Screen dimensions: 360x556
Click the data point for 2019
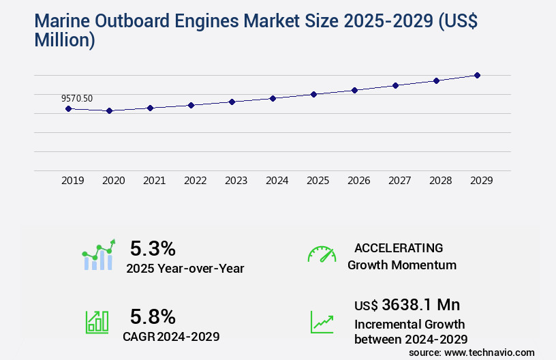68,108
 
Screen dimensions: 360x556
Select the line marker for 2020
109,110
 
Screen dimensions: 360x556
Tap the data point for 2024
273,98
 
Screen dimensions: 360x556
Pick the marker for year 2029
477,75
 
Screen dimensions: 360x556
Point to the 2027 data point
395,85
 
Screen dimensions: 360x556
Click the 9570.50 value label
77,98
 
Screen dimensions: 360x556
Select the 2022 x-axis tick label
195,181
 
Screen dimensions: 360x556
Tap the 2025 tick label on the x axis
318,181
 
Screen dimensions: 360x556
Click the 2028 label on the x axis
440,181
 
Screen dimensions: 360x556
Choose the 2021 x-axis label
154,181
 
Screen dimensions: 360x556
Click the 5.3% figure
153,248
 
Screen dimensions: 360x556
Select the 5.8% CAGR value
153,316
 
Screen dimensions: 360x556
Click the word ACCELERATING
398,248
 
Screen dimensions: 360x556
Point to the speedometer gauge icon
322,254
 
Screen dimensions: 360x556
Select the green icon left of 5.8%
97,322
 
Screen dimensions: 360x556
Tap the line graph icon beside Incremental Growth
322,322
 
